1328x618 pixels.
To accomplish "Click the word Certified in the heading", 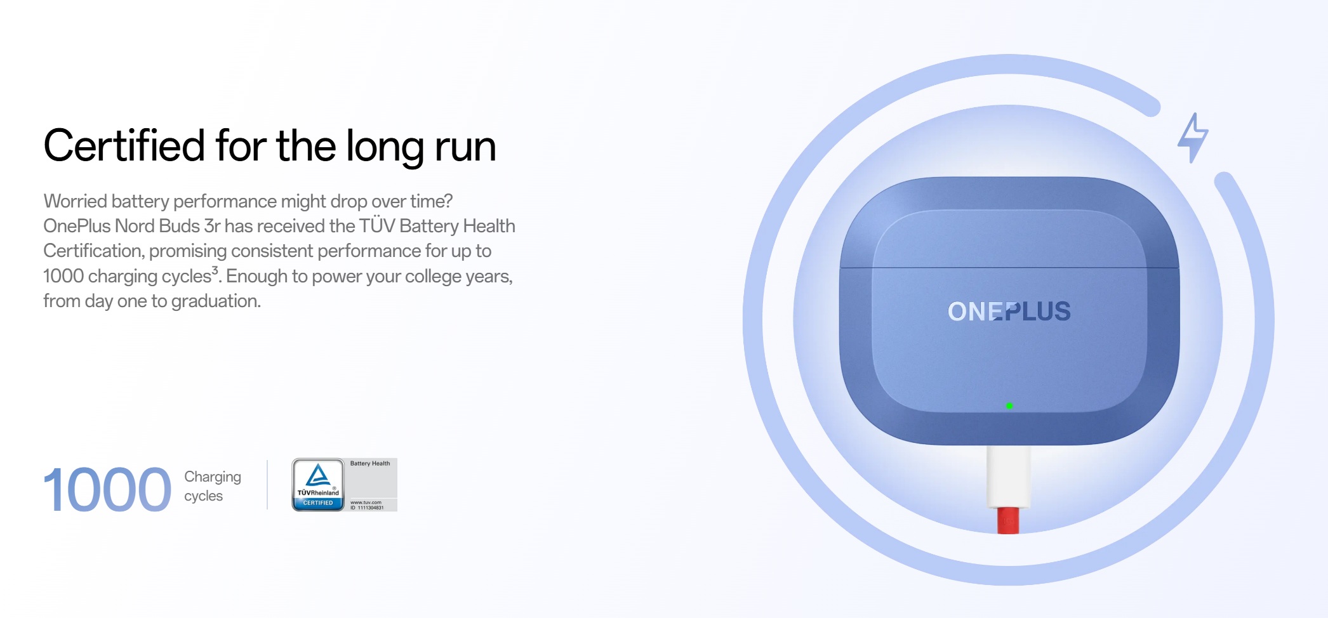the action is pyautogui.click(x=124, y=145).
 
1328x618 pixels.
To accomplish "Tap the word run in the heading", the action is pyautogui.click(x=465, y=148).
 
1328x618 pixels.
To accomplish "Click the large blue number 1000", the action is pyautogui.click(x=107, y=489).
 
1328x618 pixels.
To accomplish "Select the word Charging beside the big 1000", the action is pyautogui.click(x=213, y=477).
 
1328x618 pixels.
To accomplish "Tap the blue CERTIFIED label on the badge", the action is pyautogui.click(x=318, y=503).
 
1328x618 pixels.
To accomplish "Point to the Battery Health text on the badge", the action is pyautogui.click(x=370, y=463).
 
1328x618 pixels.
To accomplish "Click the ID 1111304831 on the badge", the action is pyautogui.click(x=367, y=508).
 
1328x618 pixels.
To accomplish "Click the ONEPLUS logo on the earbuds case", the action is pyautogui.click(x=1009, y=312).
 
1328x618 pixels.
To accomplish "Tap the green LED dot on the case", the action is pyautogui.click(x=1009, y=405).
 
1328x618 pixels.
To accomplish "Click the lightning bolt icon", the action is pyautogui.click(x=1193, y=138).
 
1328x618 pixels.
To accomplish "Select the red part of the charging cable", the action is pyautogui.click(x=1008, y=520).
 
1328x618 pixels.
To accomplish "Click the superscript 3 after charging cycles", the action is pyautogui.click(x=215, y=270).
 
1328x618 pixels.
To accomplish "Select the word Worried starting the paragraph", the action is pyautogui.click(x=75, y=201).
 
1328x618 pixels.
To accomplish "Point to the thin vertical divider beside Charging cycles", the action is pyautogui.click(x=267, y=485).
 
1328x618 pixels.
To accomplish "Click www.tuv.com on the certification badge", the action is pyautogui.click(x=366, y=503).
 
